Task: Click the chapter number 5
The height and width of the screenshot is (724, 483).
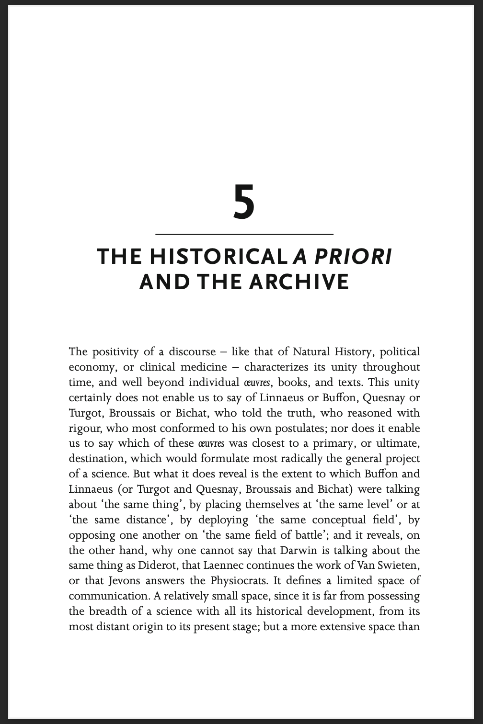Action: pyautogui.click(x=244, y=202)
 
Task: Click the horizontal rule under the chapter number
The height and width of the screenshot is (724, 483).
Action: pyautogui.click(x=244, y=234)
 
